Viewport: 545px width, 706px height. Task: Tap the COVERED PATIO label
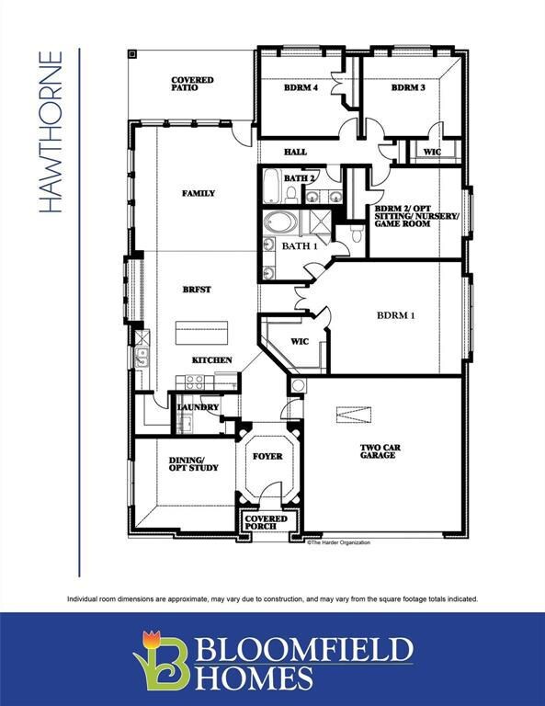click(192, 85)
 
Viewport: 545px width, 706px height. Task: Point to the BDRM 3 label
click(408, 88)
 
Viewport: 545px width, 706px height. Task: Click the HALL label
click(295, 153)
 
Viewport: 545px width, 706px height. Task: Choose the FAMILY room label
click(199, 193)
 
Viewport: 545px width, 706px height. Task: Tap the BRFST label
click(197, 290)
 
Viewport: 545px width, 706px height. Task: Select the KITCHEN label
click(211, 359)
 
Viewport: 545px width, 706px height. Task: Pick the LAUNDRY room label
click(198, 406)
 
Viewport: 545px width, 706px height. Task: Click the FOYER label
click(267, 456)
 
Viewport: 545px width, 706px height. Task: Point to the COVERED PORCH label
click(266, 522)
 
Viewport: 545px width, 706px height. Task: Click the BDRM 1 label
click(396, 315)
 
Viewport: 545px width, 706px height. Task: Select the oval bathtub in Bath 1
click(277, 222)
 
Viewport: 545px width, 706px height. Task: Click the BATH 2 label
click(300, 177)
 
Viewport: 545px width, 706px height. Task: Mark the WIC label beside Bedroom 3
click(432, 153)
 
